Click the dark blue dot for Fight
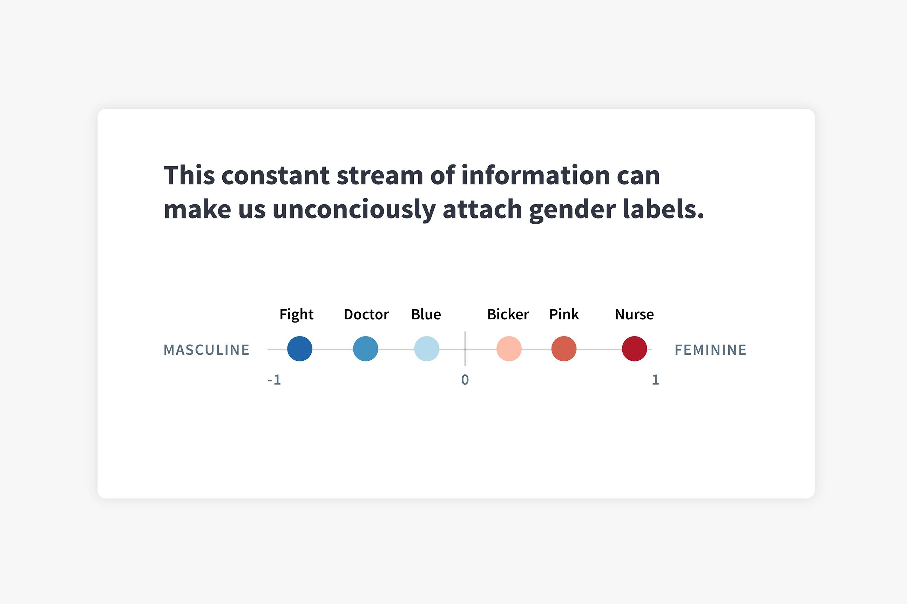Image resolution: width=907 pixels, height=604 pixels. click(300, 348)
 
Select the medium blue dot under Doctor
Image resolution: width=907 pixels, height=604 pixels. click(365, 348)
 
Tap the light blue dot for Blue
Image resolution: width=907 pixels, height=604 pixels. click(427, 348)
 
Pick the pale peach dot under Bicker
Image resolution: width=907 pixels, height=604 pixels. click(509, 348)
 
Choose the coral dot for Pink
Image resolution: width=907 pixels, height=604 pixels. click(564, 348)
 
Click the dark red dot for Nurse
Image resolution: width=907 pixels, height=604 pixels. click(634, 348)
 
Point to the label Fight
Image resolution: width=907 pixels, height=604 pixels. click(297, 315)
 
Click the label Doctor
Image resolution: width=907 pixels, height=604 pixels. click(366, 314)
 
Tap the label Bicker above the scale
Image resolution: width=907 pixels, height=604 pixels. click(508, 314)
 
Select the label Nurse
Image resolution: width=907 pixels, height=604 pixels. click(634, 314)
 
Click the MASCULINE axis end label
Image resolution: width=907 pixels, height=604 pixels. click(207, 350)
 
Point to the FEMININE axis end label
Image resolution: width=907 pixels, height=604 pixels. click(711, 350)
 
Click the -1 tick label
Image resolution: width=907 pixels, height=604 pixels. click(274, 380)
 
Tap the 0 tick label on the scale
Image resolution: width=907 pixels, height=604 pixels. click(465, 380)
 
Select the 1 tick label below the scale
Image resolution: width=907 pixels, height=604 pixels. click(656, 380)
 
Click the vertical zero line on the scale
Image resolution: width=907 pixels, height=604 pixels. click(465, 348)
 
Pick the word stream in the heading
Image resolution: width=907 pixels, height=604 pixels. click(380, 176)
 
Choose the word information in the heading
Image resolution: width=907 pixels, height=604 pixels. click(536, 175)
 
